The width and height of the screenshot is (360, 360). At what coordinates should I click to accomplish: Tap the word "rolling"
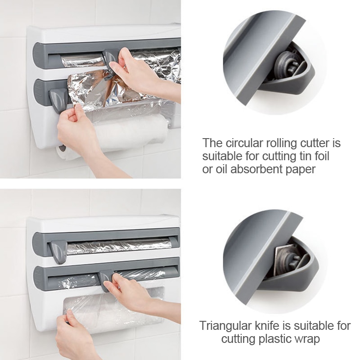pos(278,144)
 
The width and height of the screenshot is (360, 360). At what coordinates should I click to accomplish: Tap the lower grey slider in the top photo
pos(59,99)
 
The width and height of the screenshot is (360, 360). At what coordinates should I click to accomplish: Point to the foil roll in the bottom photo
pos(119,246)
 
